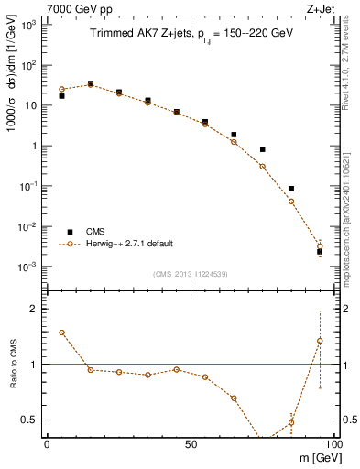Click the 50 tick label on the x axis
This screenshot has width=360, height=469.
point(190,443)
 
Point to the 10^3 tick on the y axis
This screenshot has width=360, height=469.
point(28,26)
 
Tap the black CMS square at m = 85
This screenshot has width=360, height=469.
point(291,189)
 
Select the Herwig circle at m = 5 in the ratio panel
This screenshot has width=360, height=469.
point(61,333)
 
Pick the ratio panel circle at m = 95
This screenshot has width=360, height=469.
point(320,341)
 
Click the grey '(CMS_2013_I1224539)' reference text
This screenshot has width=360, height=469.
point(191,274)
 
